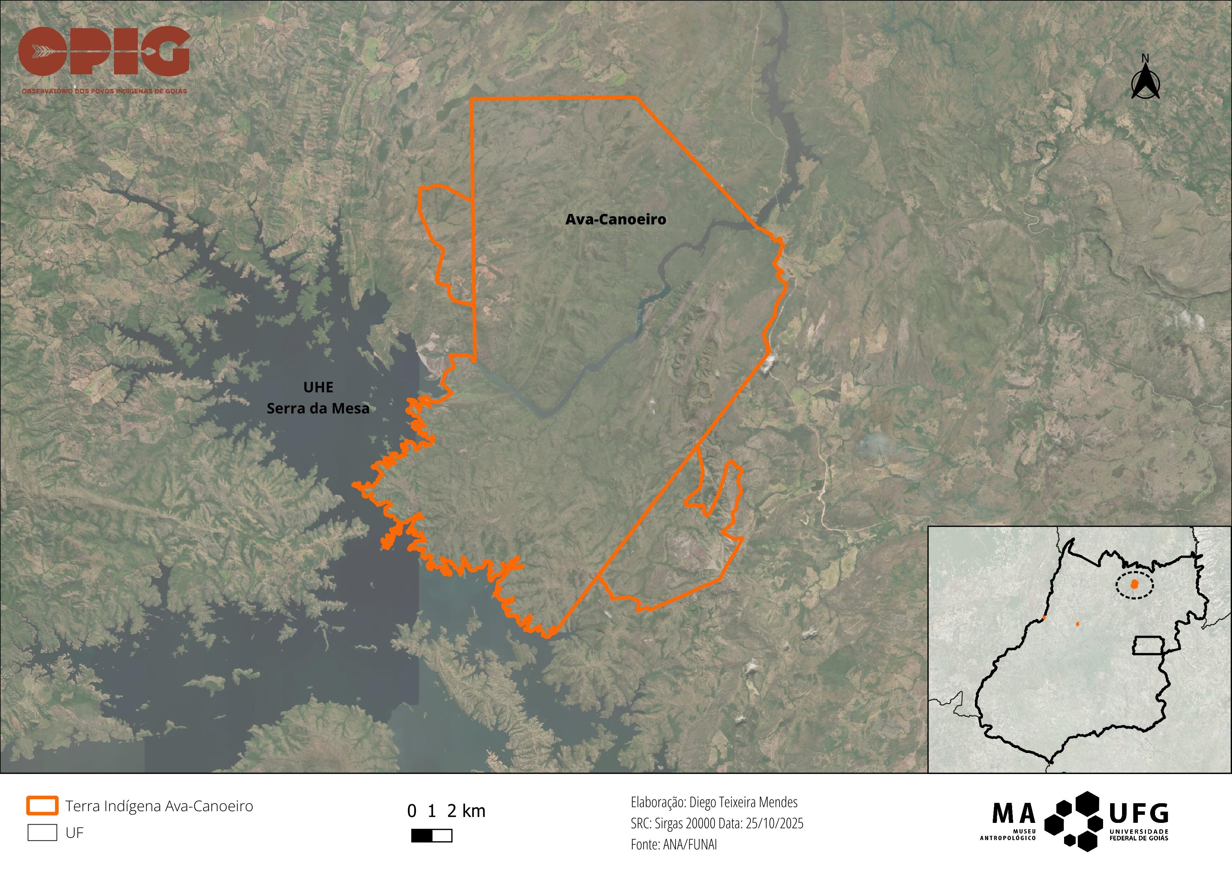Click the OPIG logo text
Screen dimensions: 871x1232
click(104, 52)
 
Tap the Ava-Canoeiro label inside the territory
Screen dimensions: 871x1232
click(615, 220)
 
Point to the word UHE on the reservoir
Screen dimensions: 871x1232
click(318, 387)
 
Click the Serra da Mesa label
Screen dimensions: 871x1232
click(318, 409)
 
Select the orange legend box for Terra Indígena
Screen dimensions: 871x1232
click(42, 806)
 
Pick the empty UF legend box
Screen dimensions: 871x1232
click(42, 832)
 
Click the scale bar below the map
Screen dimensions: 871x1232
click(431, 836)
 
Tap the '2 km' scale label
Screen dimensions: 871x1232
click(466, 811)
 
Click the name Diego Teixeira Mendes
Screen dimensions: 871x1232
click(743, 803)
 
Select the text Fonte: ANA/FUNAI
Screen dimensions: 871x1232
click(673, 844)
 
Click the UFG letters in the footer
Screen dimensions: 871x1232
click(1139, 814)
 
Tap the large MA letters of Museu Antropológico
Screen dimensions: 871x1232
click(1013, 814)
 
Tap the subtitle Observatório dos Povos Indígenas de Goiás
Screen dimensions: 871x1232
click(104, 91)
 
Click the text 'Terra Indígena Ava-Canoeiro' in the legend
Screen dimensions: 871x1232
click(159, 806)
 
